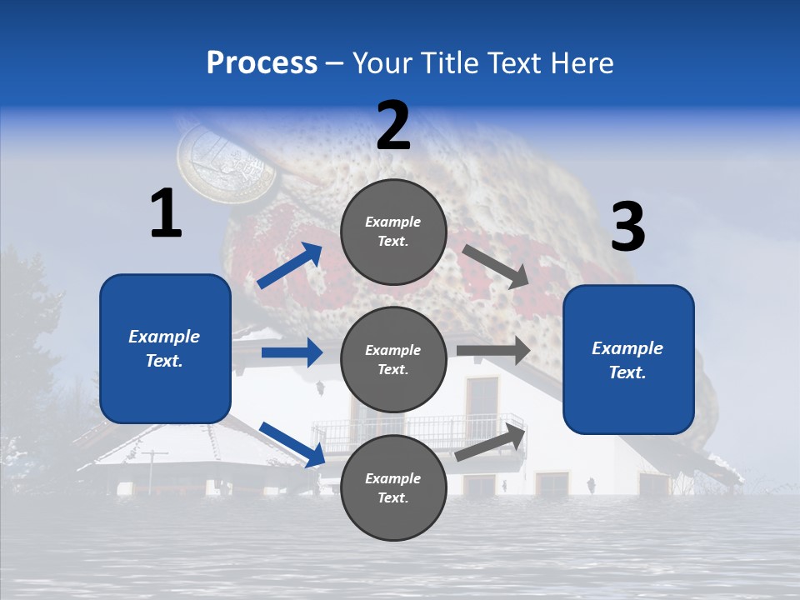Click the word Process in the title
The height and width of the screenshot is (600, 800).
click(x=262, y=62)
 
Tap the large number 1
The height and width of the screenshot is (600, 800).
click(x=166, y=213)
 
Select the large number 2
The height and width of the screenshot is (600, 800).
click(x=393, y=126)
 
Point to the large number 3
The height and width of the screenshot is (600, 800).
click(x=627, y=227)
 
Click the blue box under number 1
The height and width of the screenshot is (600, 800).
click(x=165, y=348)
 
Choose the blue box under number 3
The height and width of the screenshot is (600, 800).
click(x=628, y=359)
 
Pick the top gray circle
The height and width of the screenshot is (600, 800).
click(x=393, y=231)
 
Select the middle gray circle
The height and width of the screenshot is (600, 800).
click(x=393, y=359)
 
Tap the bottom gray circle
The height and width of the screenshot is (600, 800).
click(x=393, y=487)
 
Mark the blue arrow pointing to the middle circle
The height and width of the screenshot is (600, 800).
click(x=292, y=352)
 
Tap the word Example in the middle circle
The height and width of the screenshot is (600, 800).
click(x=393, y=350)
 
